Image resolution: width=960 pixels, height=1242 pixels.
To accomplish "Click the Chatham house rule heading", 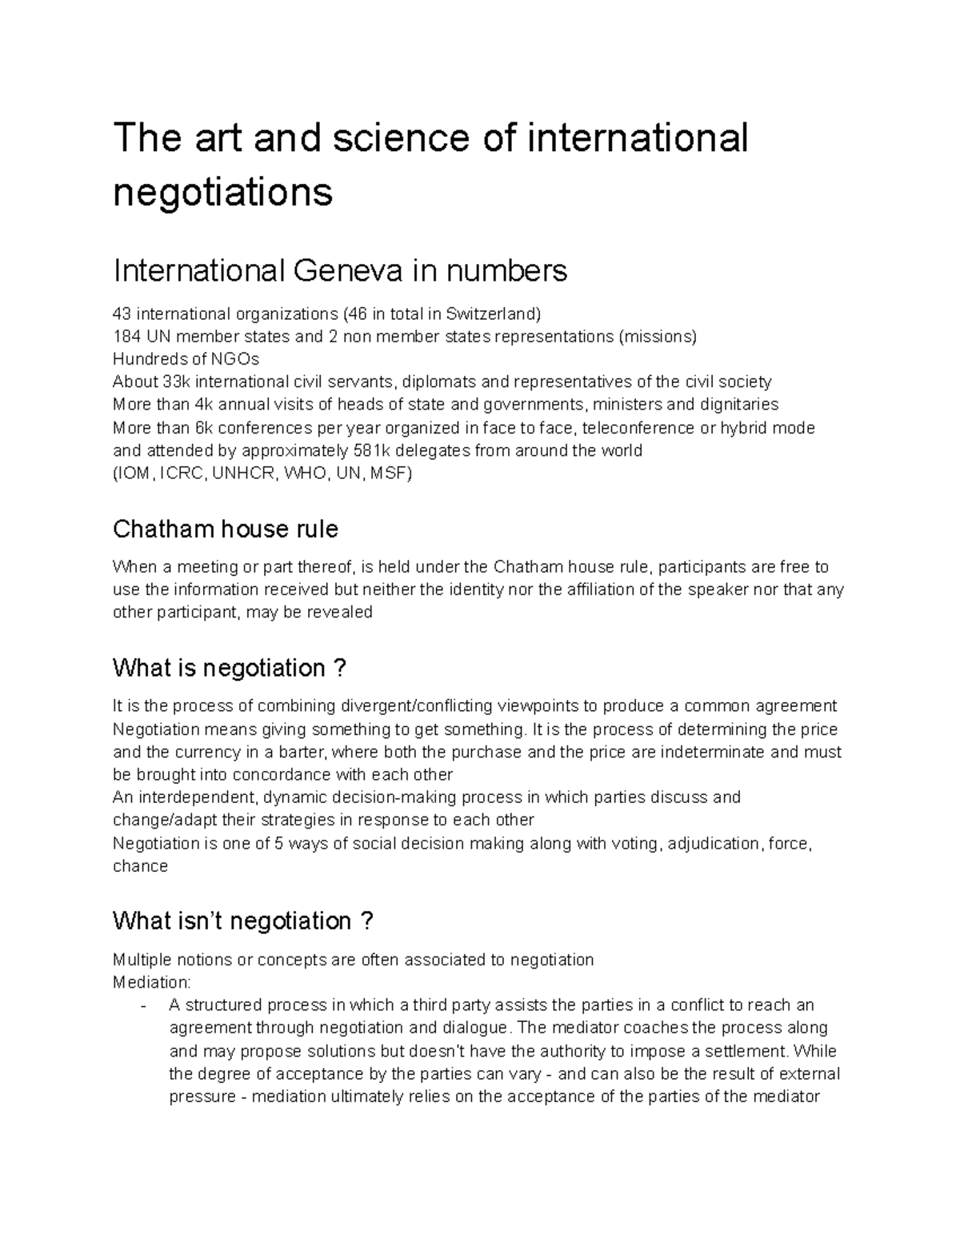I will point(226,529).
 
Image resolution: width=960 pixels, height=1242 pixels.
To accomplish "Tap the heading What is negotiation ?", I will point(230,668).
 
